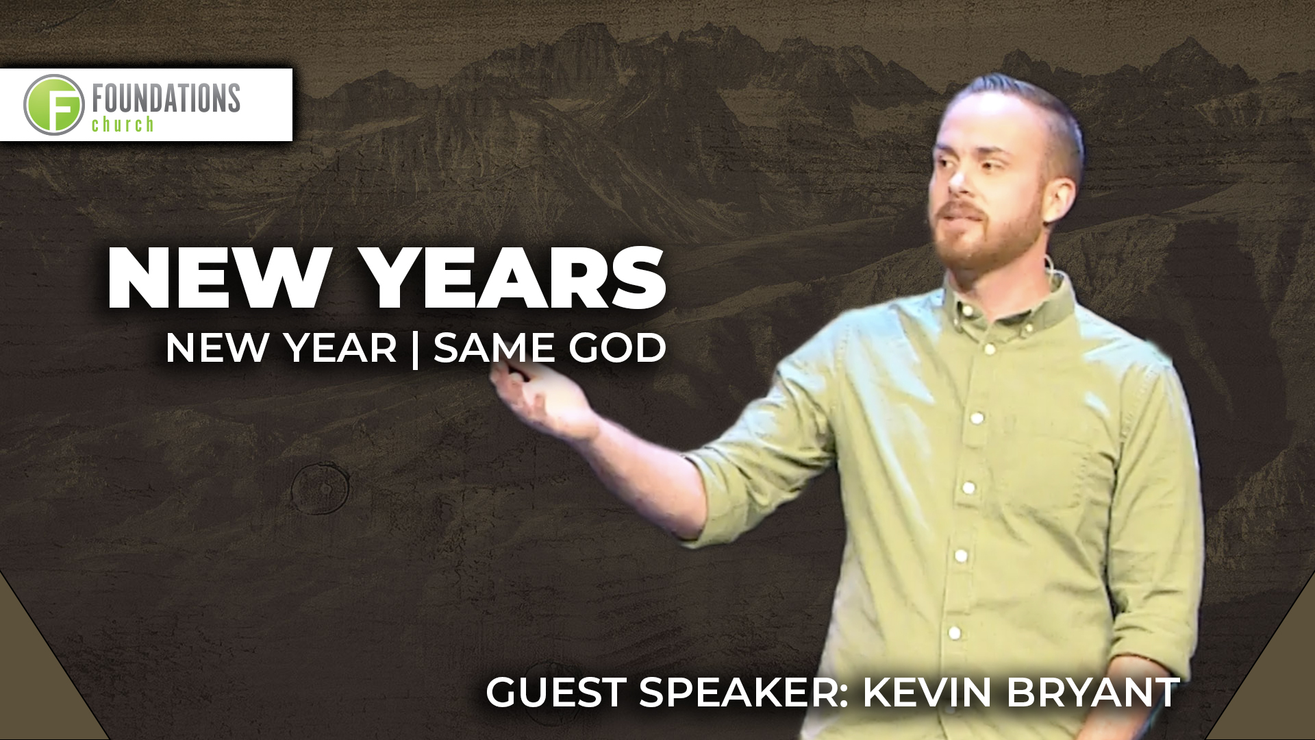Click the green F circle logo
click(x=54, y=105)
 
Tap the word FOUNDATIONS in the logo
click(x=166, y=99)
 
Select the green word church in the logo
click(x=123, y=124)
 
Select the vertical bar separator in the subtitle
click(x=416, y=349)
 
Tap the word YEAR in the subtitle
click(x=341, y=347)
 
